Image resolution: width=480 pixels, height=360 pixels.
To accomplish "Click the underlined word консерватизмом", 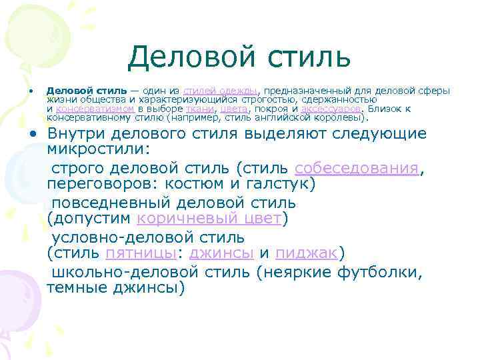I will (x=95, y=108).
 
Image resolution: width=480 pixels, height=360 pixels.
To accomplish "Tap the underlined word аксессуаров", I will (x=331, y=108).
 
